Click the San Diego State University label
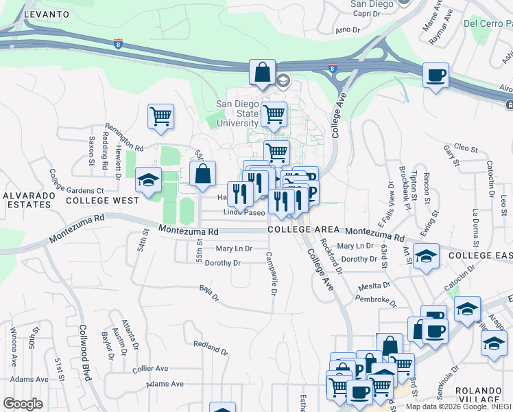(238, 113)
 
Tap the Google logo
(23, 403)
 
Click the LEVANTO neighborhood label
(46, 14)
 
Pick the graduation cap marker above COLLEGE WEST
(148, 180)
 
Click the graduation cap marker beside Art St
(426, 257)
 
